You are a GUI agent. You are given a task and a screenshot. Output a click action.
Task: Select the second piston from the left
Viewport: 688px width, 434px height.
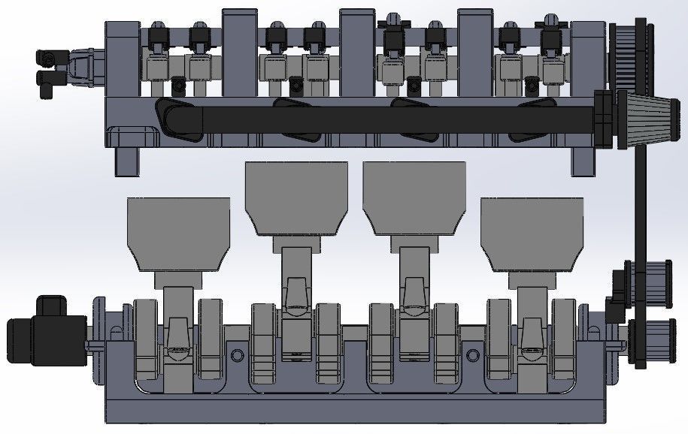point(297,195)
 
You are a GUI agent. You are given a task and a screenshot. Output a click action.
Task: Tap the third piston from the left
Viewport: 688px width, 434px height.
point(414,195)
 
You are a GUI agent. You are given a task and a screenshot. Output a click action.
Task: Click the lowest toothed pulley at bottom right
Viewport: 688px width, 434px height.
point(647,342)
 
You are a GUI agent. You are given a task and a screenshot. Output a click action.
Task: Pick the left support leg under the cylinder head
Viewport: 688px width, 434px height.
point(127,161)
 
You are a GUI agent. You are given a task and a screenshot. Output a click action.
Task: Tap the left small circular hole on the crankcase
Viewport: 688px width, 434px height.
point(238,354)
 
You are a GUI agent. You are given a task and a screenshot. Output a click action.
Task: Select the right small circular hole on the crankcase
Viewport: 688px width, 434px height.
point(473,354)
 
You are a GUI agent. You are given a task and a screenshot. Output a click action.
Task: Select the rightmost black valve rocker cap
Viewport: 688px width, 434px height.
point(551,31)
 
